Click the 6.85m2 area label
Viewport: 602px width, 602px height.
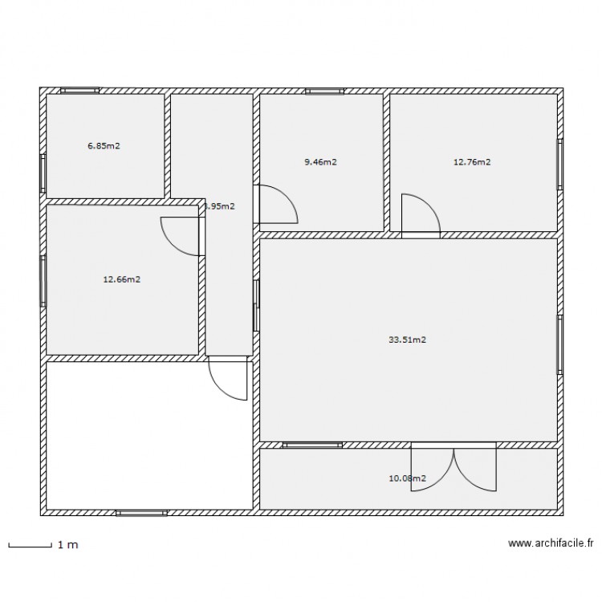pos(104,146)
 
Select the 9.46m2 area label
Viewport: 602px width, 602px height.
pos(320,162)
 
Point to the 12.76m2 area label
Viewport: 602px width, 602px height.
pos(472,162)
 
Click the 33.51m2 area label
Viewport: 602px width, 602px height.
pos(407,340)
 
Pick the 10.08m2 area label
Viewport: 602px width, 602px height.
pos(407,478)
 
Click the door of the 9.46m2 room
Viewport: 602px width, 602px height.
pos(277,204)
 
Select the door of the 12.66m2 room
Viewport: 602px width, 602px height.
pos(181,236)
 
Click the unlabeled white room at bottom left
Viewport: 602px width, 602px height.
pos(148,434)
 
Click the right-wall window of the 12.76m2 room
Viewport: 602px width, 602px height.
pos(559,165)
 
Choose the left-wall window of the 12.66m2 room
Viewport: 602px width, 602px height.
pos(43,280)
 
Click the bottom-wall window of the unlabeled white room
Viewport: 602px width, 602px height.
pos(141,512)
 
